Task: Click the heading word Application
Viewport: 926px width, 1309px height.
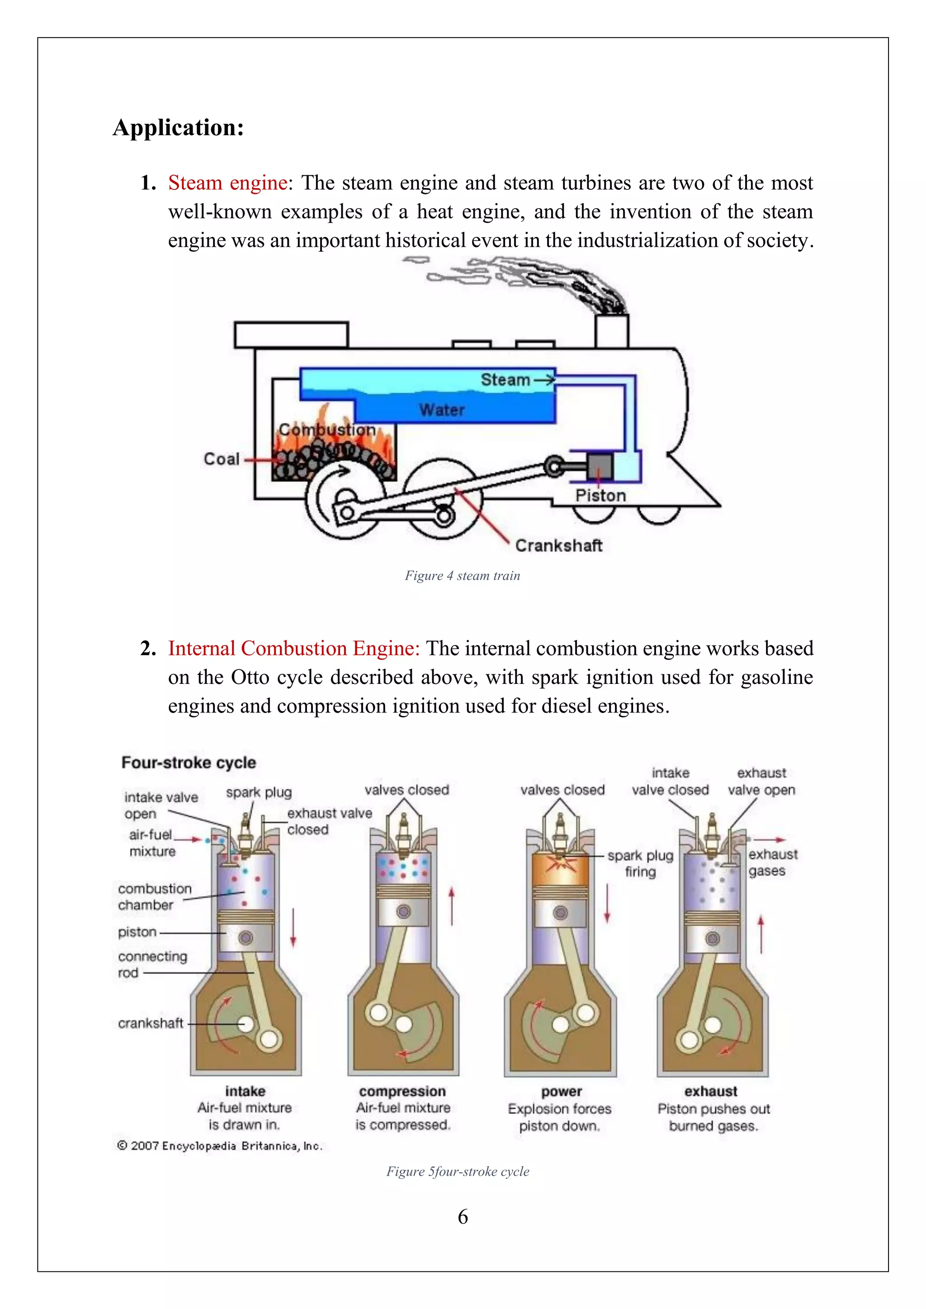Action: tap(179, 128)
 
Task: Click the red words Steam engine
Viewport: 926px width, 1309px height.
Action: tap(227, 183)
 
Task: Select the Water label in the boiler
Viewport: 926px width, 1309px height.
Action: tap(442, 410)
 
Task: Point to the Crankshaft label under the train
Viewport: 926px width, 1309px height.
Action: tap(558, 546)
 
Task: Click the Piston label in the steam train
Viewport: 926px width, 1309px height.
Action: tap(600, 495)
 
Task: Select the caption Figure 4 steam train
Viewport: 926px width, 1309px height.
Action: tap(463, 576)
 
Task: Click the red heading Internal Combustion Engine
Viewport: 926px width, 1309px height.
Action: tap(293, 649)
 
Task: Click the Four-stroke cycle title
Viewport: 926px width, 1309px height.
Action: tap(189, 763)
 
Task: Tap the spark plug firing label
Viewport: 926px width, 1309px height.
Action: tap(640, 863)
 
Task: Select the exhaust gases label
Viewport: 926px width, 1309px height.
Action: tap(772, 862)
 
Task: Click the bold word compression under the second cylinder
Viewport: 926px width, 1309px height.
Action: tap(402, 1091)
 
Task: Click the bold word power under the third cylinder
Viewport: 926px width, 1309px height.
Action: tap(561, 1091)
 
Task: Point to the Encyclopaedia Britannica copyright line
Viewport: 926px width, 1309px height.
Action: tap(220, 1146)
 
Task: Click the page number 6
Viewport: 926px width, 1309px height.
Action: tap(463, 1217)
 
